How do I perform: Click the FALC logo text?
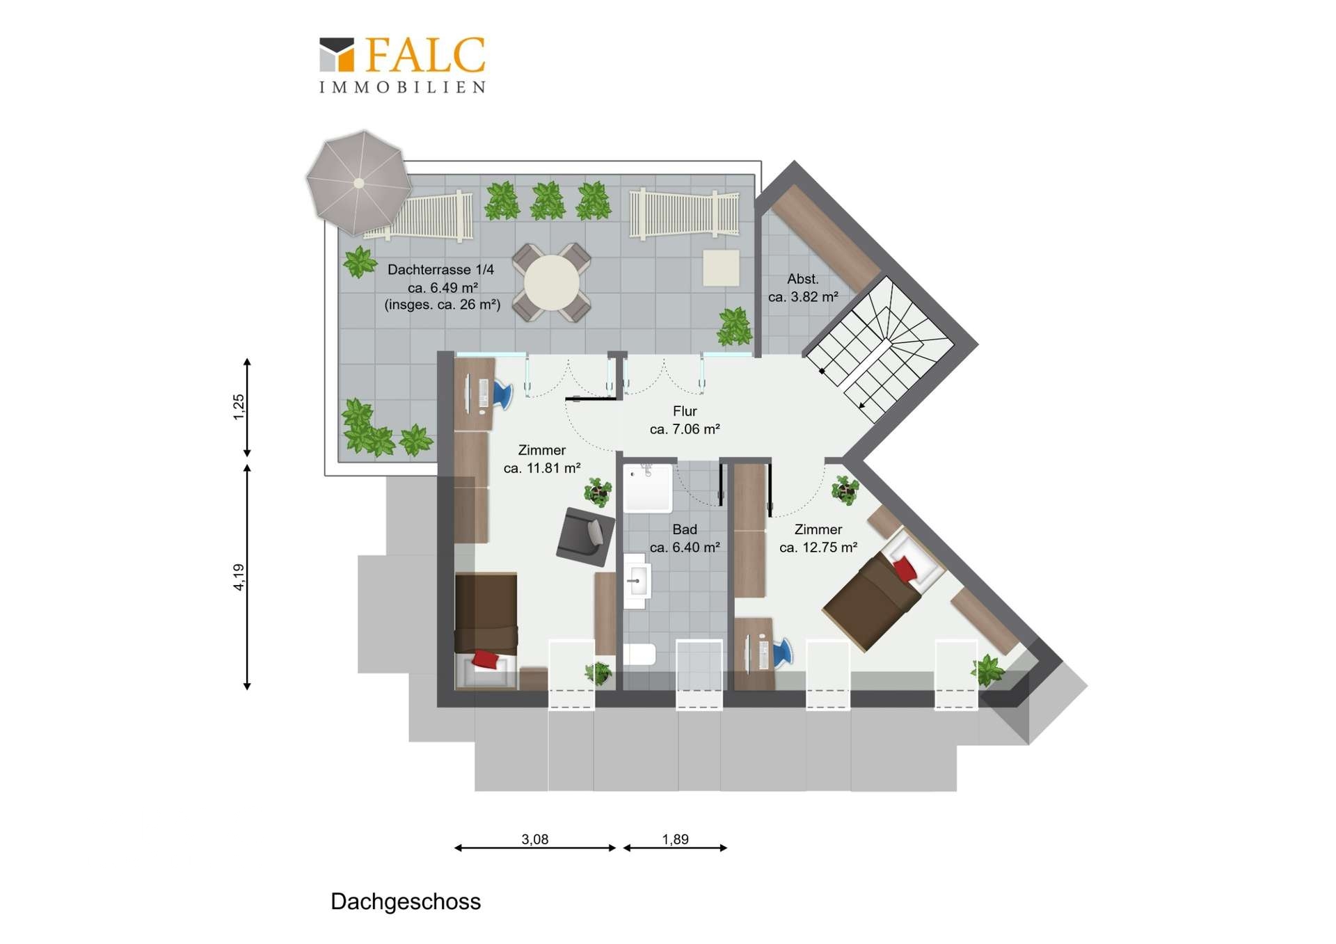pyautogui.click(x=425, y=55)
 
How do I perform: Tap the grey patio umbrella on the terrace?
pyautogui.click(x=359, y=183)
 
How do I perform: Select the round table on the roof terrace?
pyautogui.click(x=552, y=282)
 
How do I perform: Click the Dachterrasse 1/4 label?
pyautogui.click(x=441, y=269)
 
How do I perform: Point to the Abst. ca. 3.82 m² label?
pyautogui.click(x=803, y=287)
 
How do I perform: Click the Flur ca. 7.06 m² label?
pyautogui.click(x=685, y=420)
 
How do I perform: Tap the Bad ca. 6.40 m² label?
pyautogui.click(x=685, y=538)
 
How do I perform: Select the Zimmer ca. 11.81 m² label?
pyautogui.click(x=542, y=459)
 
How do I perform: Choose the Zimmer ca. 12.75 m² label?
pyautogui.click(x=818, y=538)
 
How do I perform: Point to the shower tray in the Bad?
pyautogui.click(x=648, y=488)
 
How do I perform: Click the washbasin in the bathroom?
pyautogui.click(x=636, y=581)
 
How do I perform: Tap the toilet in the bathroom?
pyautogui.click(x=639, y=655)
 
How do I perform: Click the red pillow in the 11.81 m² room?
pyautogui.click(x=486, y=659)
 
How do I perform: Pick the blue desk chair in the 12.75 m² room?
pyautogui.click(x=782, y=653)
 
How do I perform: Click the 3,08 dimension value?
pyautogui.click(x=535, y=839)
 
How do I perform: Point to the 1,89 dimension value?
pyautogui.click(x=675, y=839)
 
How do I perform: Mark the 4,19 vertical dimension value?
pyautogui.click(x=239, y=577)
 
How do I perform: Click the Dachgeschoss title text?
pyautogui.click(x=406, y=902)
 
